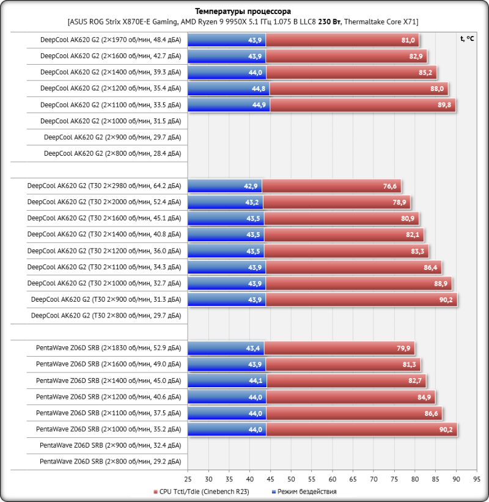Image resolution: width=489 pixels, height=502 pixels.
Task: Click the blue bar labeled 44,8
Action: [228, 89]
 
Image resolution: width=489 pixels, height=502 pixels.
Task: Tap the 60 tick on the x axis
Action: [333, 479]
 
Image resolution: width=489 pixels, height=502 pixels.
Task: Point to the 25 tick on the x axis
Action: [188, 479]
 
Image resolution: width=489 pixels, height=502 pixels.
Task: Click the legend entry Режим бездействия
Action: [306, 491]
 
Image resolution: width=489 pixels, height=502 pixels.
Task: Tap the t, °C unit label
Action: [466, 38]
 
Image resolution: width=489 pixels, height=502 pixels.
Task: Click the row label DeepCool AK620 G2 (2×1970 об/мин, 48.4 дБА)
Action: [110, 40]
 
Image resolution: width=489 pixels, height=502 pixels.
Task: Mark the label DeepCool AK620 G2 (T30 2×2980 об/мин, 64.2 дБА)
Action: [104, 186]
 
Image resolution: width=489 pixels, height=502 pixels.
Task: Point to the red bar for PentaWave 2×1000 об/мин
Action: [361, 429]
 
